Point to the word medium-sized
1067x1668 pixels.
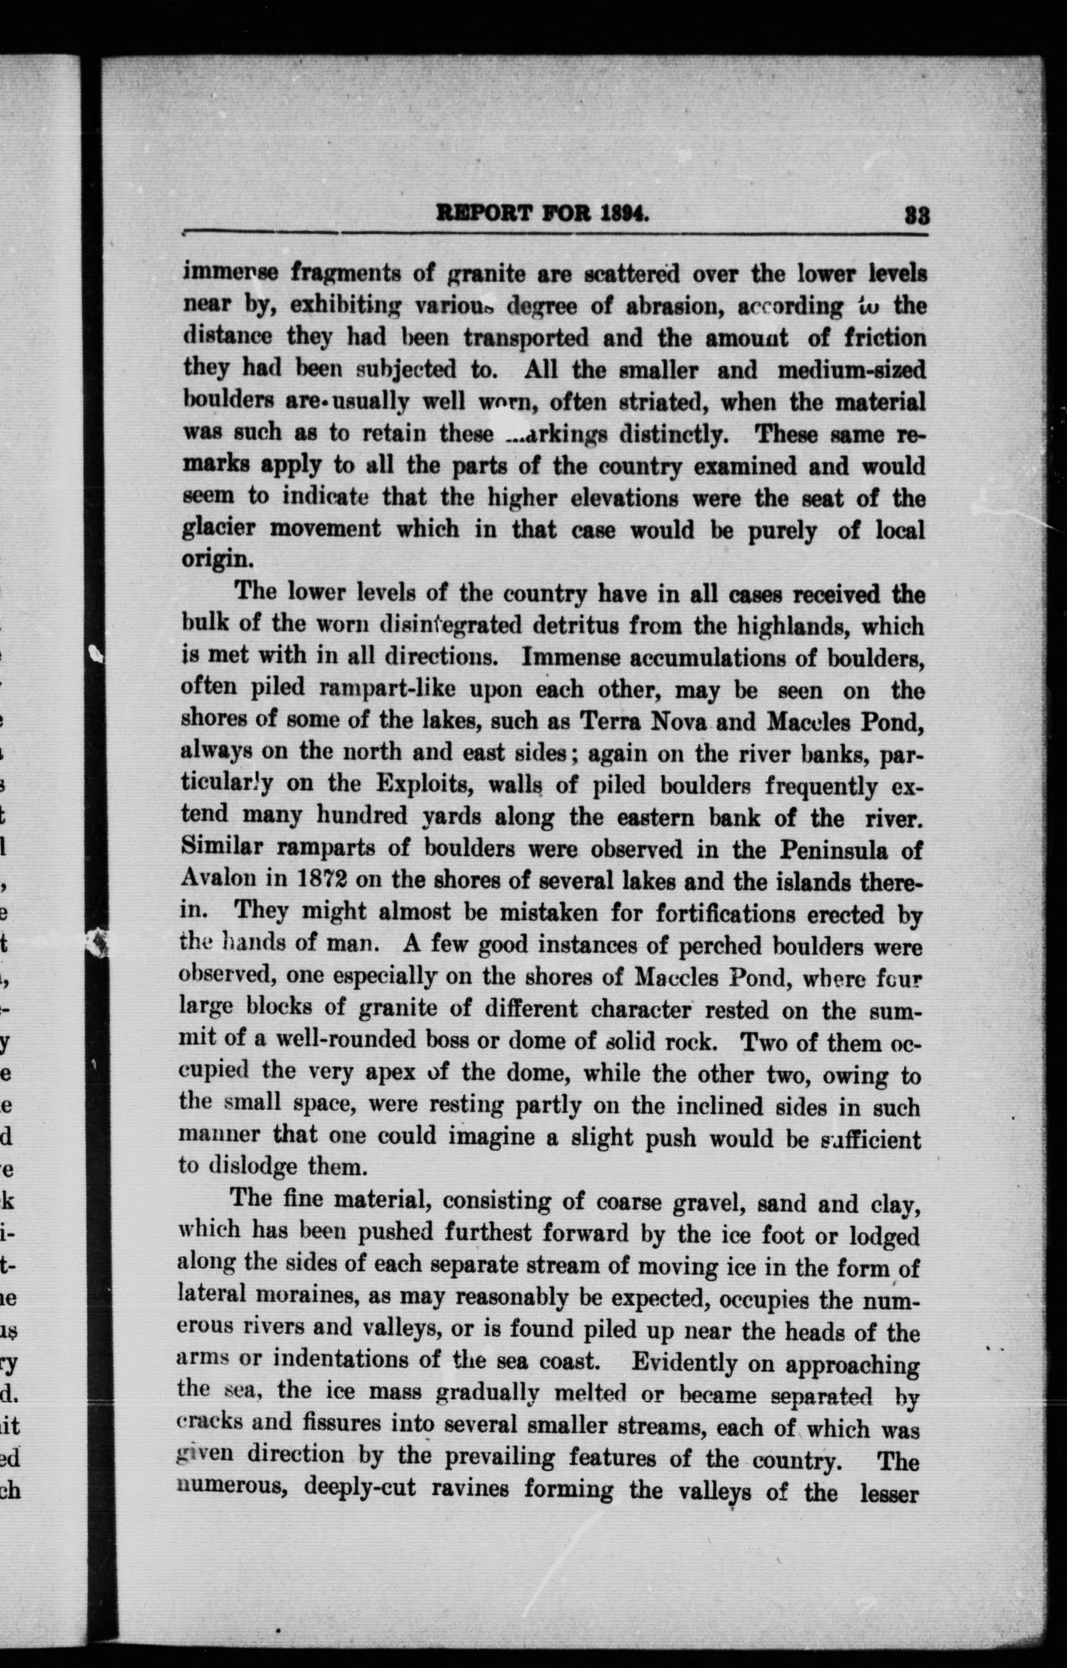pos(852,370)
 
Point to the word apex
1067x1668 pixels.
pos(387,1073)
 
